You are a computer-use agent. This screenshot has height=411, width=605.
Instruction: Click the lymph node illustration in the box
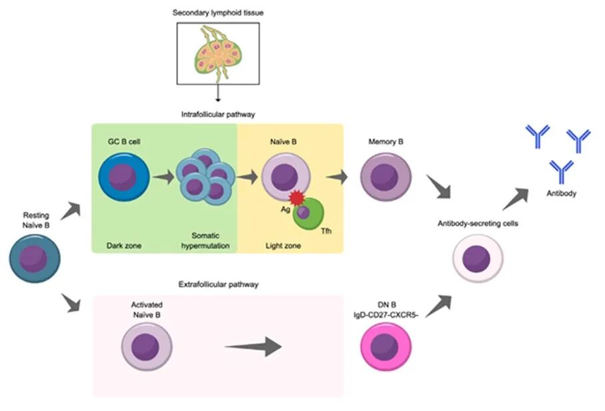(x=218, y=54)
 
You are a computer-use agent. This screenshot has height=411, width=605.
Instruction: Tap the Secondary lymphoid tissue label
(x=217, y=13)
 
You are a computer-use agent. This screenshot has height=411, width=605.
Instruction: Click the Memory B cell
(x=386, y=178)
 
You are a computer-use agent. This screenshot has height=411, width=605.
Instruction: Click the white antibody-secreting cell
(x=478, y=258)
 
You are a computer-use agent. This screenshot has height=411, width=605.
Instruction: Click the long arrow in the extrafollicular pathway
(x=253, y=346)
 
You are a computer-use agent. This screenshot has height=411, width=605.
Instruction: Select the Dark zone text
(x=124, y=246)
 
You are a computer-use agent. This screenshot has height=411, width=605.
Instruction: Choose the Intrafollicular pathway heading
(x=217, y=114)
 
